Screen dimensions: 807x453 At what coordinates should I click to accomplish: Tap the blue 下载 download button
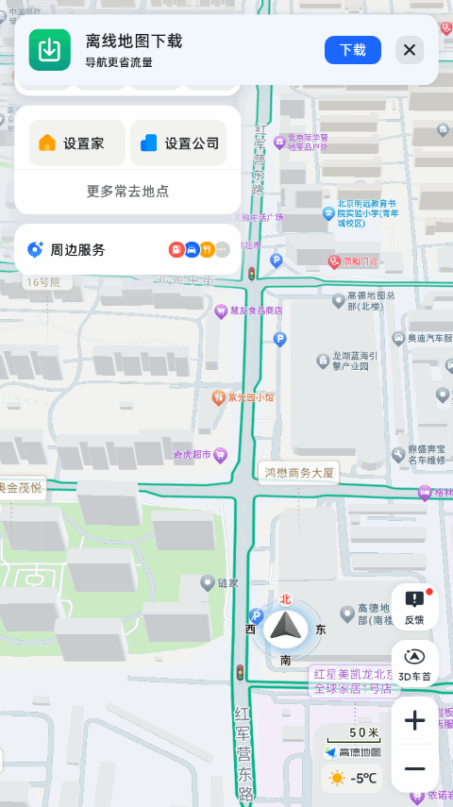point(352,50)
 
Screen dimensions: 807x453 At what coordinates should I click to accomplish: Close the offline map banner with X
point(410,50)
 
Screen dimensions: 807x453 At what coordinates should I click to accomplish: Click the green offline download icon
point(50,50)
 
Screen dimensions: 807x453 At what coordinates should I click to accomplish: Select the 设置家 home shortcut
point(71,143)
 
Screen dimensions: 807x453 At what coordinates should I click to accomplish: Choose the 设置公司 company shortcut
point(178,143)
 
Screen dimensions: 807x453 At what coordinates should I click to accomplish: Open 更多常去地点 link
point(127,191)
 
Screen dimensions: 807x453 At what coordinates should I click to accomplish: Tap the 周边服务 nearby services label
point(77,250)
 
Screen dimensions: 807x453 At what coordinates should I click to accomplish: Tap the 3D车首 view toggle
point(414,664)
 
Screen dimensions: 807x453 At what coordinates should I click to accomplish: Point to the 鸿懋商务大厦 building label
point(298,472)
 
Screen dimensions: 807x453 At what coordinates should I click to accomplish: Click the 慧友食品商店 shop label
point(256,310)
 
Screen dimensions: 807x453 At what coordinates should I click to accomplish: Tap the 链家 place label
point(227,583)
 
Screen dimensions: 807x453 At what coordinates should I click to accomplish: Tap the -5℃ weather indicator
point(353,778)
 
